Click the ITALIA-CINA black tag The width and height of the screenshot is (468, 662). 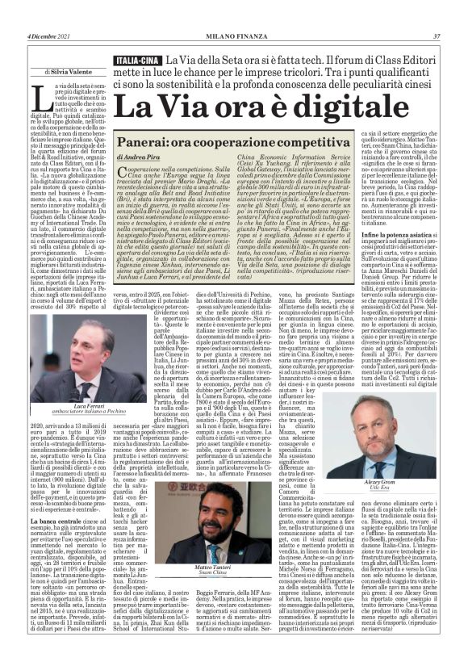point(136,61)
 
